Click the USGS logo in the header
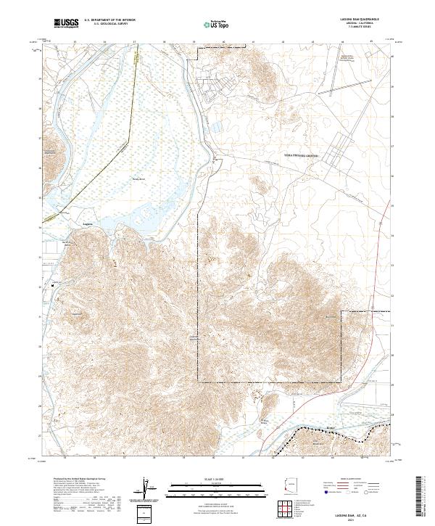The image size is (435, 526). tap(66, 24)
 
